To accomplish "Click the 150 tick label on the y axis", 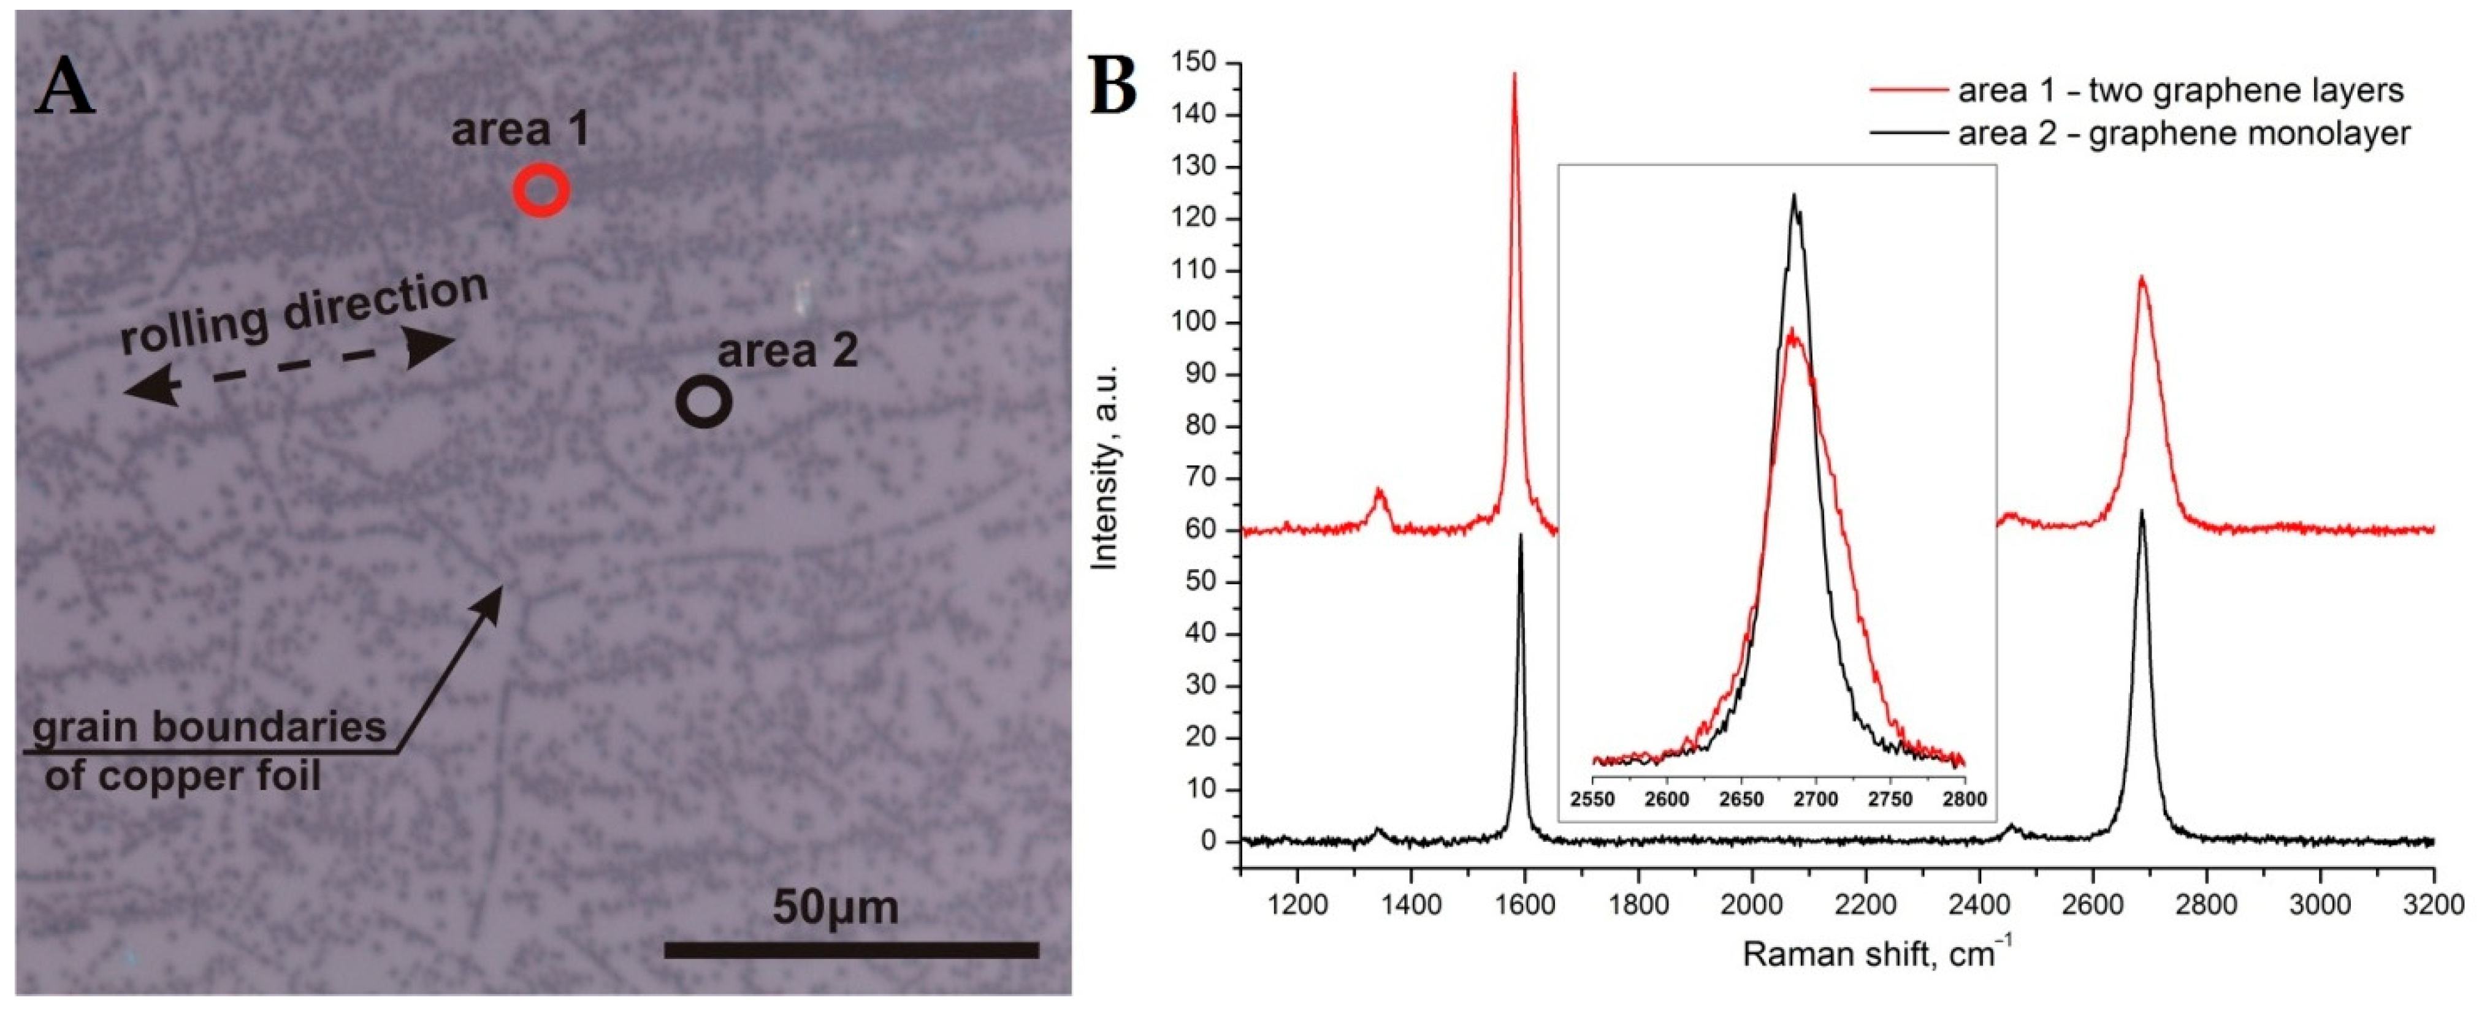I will point(1193,64).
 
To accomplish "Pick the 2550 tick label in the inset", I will point(1592,800).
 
